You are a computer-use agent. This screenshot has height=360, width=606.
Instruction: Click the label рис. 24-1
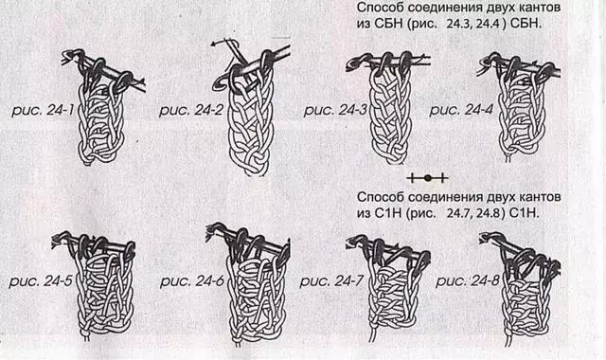click(43, 110)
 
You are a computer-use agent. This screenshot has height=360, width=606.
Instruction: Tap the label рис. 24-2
click(191, 110)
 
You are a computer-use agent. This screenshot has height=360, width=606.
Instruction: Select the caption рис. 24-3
click(335, 110)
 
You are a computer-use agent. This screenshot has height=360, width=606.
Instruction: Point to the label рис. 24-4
click(461, 110)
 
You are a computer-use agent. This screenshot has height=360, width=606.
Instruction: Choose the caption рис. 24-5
click(41, 281)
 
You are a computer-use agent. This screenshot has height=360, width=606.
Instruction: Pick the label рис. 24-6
click(192, 281)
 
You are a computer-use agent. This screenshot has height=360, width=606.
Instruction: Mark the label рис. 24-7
click(331, 281)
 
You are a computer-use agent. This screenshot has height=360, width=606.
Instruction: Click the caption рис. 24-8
click(468, 281)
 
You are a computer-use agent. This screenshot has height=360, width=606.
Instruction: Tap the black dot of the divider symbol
click(427, 178)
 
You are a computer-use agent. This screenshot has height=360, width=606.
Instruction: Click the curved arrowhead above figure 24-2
click(215, 45)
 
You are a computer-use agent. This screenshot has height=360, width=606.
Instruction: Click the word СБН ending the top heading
click(526, 24)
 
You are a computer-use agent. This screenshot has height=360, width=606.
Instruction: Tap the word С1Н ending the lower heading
click(525, 213)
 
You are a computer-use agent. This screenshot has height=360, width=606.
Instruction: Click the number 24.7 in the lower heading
click(459, 213)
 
